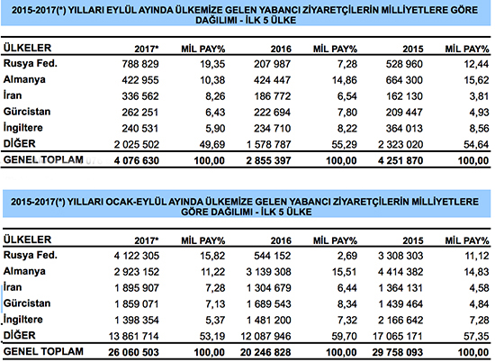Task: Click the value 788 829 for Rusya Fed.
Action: click(x=140, y=64)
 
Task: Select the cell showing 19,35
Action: click(x=212, y=64)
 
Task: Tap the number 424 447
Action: click(x=272, y=80)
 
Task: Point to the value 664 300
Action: click(x=404, y=80)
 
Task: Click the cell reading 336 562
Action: click(x=140, y=96)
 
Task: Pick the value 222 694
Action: click(x=272, y=113)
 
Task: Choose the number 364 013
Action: click(x=404, y=129)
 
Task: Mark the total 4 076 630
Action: click(x=137, y=161)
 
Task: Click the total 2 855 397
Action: click(x=268, y=161)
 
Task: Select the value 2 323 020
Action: click(x=400, y=145)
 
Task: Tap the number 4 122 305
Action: click(x=137, y=256)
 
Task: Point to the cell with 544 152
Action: click(x=272, y=256)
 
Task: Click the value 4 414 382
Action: click(x=400, y=272)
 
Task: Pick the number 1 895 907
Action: click(x=137, y=288)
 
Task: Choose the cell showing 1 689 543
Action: click(x=269, y=304)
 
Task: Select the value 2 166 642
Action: click(x=400, y=321)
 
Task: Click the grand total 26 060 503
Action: click(x=133, y=352)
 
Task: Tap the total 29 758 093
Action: click(x=398, y=352)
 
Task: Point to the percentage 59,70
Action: click(x=345, y=337)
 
